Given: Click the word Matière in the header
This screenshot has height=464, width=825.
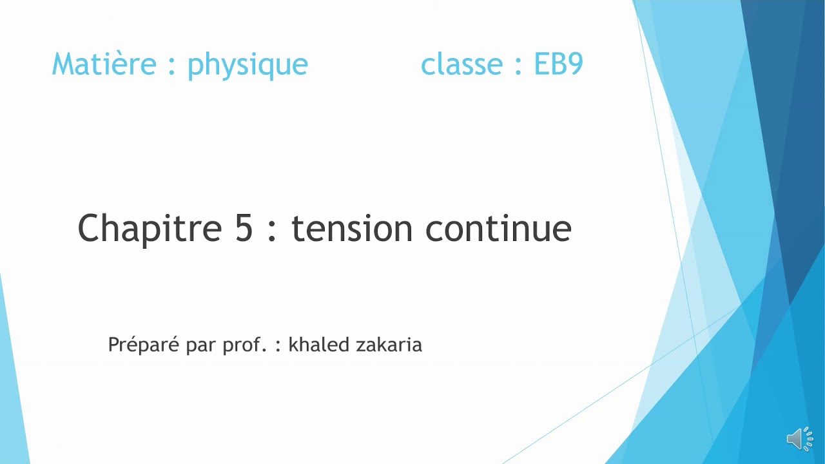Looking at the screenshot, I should pyautogui.click(x=104, y=64).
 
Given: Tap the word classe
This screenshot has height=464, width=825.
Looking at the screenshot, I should pyautogui.click(x=461, y=64).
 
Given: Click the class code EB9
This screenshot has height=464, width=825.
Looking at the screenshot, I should pyautogui.click(x=558, y=64).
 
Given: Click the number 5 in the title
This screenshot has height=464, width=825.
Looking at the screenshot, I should pyautogui.click(x=244, y=228).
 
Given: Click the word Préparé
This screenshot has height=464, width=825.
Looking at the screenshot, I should pyautogui.click(x=144, y=345).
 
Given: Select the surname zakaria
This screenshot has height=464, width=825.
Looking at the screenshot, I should pyautogui.click(x=389, y=345).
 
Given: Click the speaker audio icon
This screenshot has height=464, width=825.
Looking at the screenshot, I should pyautogui.click(x=799, y=439).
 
